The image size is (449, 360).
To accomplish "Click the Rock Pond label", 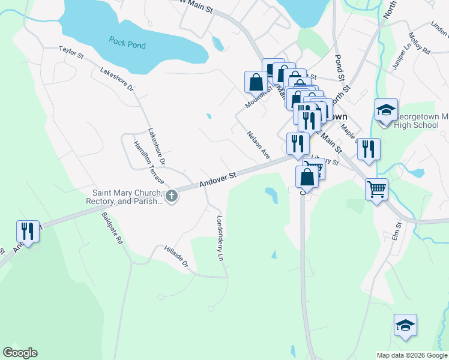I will (x=127, y=42).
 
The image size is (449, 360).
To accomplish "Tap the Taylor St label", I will (x=71, y=53).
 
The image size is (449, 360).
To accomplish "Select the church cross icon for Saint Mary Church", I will (x=171, y=196).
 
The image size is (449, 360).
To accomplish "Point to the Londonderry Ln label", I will (x=220, y=238).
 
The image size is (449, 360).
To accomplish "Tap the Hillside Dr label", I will (x=176, y=256).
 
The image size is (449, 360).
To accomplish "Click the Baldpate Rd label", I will (x=112, y=227).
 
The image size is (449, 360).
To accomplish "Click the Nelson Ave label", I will (x=259, y=145).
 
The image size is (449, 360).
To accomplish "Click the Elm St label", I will (x=396, y=232).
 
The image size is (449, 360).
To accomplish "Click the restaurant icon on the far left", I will (x=27, y=230).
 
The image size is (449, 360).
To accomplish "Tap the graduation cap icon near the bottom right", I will (x=405, y=325).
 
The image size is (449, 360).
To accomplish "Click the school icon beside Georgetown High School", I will (x=386, y=110).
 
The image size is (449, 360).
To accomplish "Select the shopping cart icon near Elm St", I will (x=376, y=189).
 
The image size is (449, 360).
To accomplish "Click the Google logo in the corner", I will (x=20, y=353).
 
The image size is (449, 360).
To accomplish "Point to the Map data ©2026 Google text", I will (x=412, y=355).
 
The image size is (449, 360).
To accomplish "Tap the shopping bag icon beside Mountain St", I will (x=256, y=81).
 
